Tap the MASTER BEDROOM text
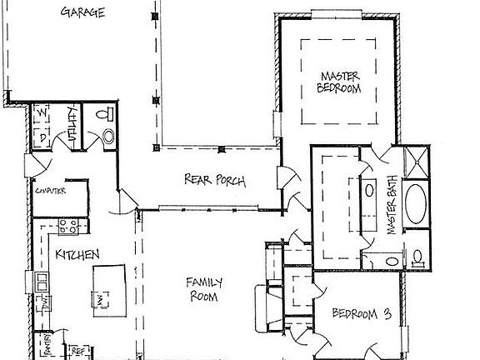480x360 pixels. pos(340,83)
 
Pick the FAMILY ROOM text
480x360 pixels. pos(202,288)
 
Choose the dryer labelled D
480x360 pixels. pos(42,135)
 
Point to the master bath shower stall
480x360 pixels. pos(415,163)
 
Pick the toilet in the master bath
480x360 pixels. pos(418,253)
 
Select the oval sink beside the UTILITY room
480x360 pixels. pos(107,137)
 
